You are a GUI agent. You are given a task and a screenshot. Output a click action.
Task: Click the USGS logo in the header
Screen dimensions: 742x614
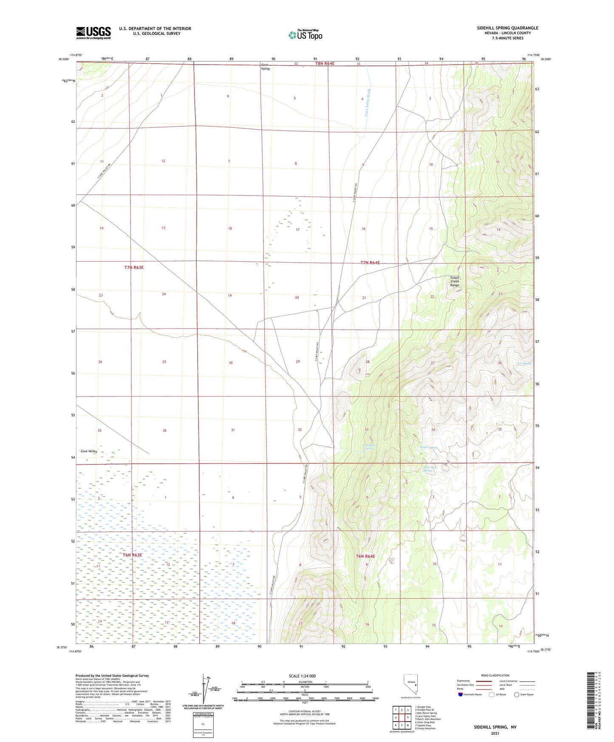pos(93,32)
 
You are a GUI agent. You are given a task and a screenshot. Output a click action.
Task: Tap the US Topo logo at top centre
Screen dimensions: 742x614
pos(305,35)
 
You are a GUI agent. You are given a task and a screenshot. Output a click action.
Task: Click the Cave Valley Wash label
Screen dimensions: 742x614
pos(368,102)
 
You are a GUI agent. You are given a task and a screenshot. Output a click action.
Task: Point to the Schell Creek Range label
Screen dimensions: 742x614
pos(455,281)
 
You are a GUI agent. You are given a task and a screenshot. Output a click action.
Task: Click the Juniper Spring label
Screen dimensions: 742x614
pos(428,447)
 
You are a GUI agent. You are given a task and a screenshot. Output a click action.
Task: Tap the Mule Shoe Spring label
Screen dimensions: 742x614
pos(427,469)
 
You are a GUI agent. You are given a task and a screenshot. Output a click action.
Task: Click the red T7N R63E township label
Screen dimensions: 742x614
pos(134,267)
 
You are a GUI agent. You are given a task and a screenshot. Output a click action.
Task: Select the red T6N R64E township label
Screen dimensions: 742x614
pos(365,556)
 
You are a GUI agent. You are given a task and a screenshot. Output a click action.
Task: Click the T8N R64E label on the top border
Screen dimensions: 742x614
pos(325,63)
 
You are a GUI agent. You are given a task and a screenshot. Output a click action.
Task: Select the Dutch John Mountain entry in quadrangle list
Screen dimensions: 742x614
pos(428,719)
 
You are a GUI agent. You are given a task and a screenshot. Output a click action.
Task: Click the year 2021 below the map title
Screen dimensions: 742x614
pos(495,733)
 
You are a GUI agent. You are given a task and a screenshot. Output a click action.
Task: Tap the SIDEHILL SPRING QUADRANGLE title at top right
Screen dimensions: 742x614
pos(507,28)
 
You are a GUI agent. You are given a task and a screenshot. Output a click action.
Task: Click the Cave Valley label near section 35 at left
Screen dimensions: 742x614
pos(89,451)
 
